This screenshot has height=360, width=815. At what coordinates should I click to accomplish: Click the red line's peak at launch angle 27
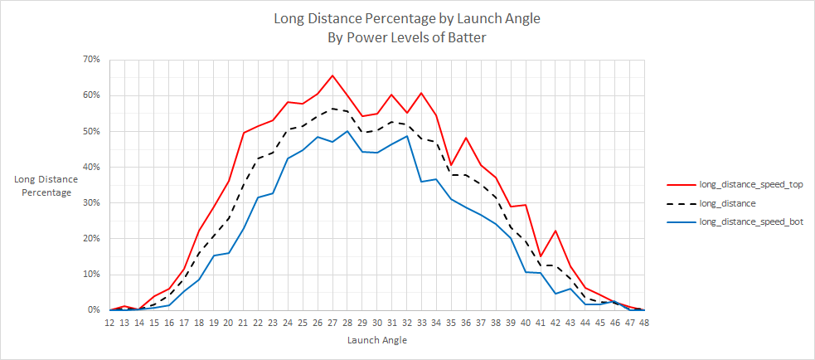[x=332, y=75]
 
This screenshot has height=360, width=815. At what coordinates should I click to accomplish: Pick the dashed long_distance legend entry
[x=728, y=203]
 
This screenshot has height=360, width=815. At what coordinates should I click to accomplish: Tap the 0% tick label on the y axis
[x=94, y=310]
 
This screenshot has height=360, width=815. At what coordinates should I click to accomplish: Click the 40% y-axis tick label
[x=91, y=167]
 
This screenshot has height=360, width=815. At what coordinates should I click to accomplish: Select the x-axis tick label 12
[x=109, y=323]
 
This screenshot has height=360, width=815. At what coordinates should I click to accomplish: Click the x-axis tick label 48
[x=643, y=323]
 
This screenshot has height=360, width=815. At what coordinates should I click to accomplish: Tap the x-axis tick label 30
[x=376, y=323]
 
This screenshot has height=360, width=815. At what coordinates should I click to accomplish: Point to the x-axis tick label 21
[x=243, y=323]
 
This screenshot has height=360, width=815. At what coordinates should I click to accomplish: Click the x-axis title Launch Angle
[x=376, y=340]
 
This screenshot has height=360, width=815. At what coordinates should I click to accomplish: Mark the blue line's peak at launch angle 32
[x=406, y=136]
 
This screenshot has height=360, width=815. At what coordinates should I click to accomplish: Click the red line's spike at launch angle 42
[x=555, y=231]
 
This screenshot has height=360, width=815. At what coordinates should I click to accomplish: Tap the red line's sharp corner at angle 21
[x=243, y=133]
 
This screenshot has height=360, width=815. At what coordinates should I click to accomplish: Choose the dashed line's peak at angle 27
[x=332, y=109]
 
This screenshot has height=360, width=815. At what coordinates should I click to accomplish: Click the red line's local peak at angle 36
[x=466, y=138]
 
